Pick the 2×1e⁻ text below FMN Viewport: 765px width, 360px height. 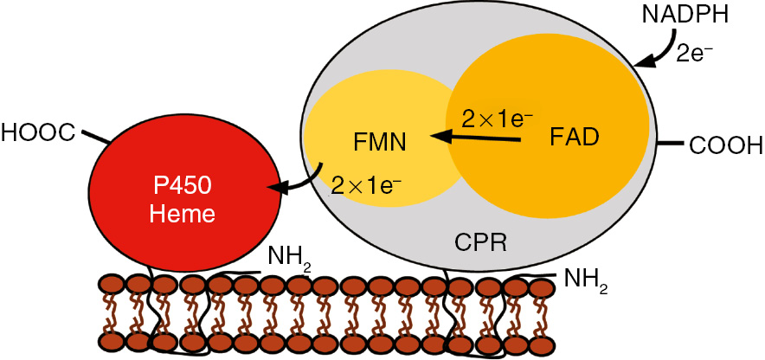[x=367, y=183]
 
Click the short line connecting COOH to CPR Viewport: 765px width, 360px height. [x=670, y=141]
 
